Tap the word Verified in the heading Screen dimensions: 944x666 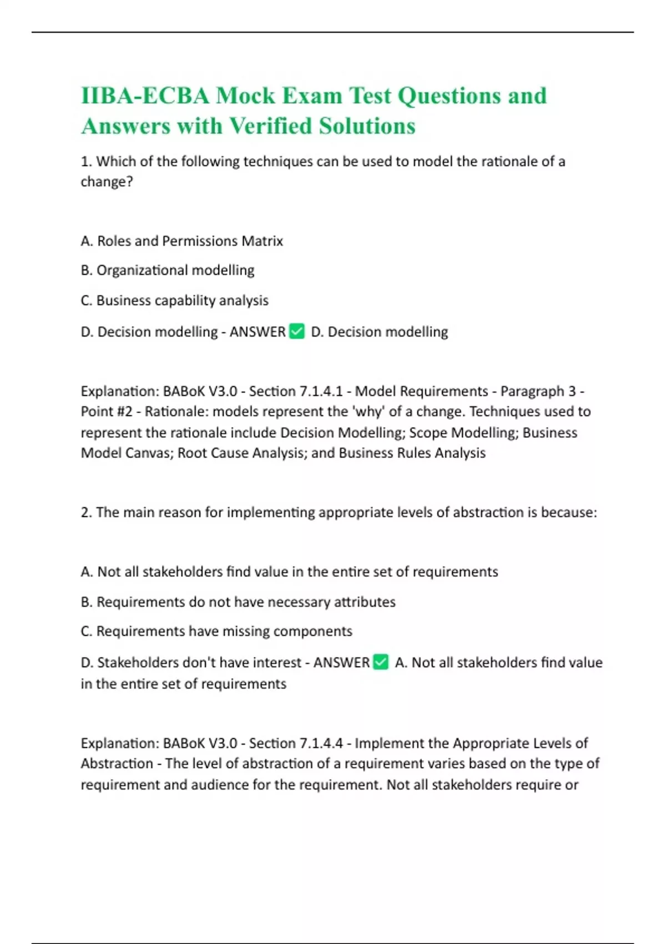coord(270,126)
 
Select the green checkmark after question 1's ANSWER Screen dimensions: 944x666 coord(297,332)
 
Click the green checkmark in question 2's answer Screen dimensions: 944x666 coord(381,662)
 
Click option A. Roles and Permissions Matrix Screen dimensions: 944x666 coord(182,241)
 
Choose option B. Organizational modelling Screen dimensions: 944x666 coord(168,270)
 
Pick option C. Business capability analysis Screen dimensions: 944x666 coord(174,300)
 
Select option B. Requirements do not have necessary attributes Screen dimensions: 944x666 coord(238,602)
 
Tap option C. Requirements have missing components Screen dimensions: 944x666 coord(216,631)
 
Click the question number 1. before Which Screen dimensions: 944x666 coord(86,162)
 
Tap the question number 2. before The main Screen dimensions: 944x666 coord(86,512)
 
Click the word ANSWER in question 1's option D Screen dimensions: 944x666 coord(258,332)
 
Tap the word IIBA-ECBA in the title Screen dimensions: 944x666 coord(145,96)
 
